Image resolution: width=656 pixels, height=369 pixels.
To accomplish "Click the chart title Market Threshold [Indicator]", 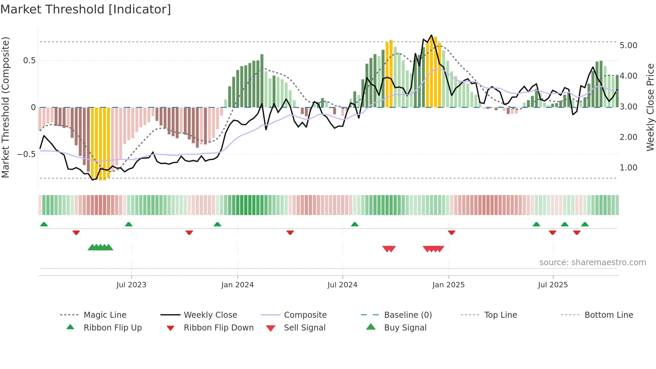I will pyautogui.click(x=86, y=9).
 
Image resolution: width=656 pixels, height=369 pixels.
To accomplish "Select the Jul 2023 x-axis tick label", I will pyautogui.click(x=131, y=285).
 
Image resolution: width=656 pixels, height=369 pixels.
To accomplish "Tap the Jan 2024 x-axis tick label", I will pyautogui.click(x=237, y=285).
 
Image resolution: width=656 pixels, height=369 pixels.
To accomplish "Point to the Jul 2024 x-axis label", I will pyautogui.click(x=342, y=285).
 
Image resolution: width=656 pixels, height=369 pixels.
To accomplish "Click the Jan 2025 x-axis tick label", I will pyautogui.click(x=448, y=285).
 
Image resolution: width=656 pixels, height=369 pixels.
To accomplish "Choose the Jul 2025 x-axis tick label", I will pyautogui.click(x=553, y=285).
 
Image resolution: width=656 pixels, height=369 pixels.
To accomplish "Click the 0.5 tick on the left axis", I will pyautogui.click(x=29, y=61).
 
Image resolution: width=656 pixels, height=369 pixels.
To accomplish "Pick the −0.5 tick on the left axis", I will pyautogui.click(x=26, y=154).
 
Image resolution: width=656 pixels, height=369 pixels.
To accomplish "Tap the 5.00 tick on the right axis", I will pyautogui.click(x=628, y=46).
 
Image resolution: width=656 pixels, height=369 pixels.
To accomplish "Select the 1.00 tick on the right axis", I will pyautogui.click(x=628, y=168).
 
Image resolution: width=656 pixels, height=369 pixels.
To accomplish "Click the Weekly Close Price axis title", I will pyautogui.click(x=650, y=107).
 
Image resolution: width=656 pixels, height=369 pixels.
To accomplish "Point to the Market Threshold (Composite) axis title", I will pyautogui.click(x=5, y=107).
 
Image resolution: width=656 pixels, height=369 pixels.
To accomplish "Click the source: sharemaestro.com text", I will pyautogui.click(x=592, y=263).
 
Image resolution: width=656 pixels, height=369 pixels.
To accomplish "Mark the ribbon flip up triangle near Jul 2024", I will pyautogui.click(x=355, y=224).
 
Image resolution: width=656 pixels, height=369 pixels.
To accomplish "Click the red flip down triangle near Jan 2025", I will pyautogui.click(x=452, y=232).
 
